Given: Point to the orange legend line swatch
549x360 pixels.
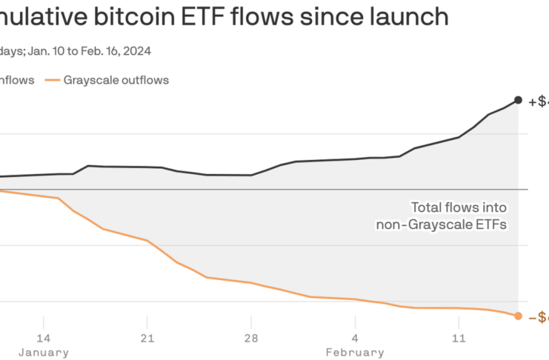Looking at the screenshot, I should (x=53, y=79).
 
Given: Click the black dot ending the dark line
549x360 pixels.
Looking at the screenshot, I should (x=518, y=100).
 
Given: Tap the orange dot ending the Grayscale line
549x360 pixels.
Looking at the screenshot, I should (x=518, y=316).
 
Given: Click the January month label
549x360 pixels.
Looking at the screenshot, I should (x=44, y=352).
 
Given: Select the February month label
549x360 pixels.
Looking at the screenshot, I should (x=355, y=352).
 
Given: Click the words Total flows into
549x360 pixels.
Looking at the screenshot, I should (x=459, y=208).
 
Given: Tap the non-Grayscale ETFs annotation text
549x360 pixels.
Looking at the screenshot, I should (x=442, y=224).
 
